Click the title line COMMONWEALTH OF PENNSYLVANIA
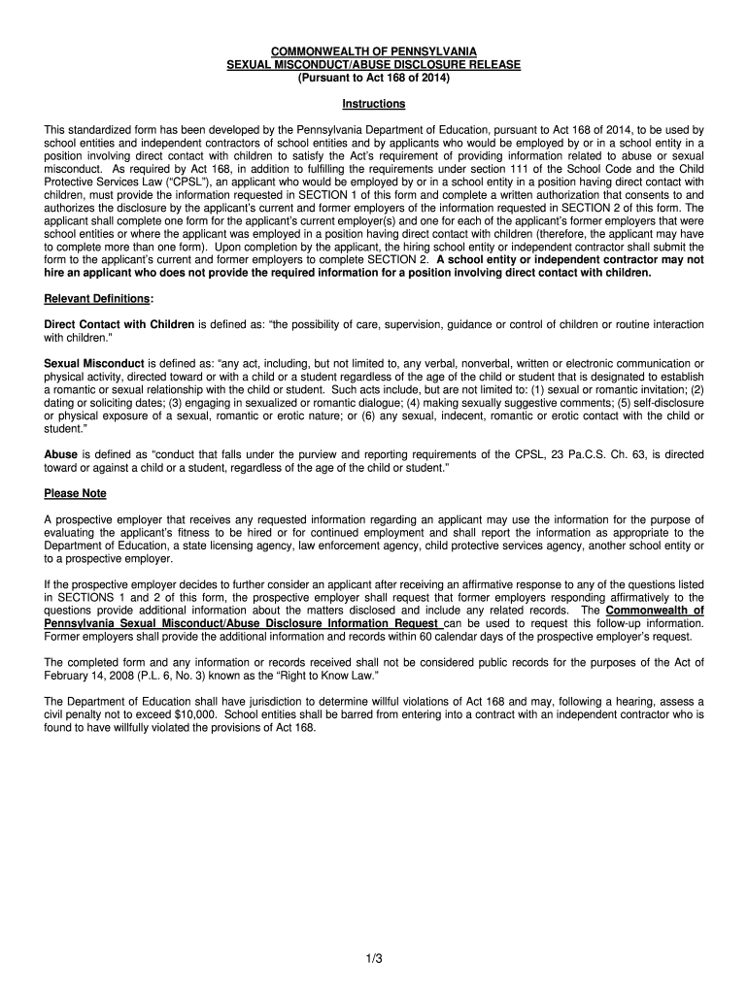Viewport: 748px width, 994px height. coord(373,50)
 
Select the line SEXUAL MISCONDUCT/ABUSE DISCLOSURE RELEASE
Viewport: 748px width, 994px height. coord(373,64)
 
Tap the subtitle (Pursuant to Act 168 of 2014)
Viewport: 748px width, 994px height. coord(373,78)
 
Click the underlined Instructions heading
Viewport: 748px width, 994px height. coord(373,104)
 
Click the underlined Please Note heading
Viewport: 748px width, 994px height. coord(75,493)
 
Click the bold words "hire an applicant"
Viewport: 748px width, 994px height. coord(85,273)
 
